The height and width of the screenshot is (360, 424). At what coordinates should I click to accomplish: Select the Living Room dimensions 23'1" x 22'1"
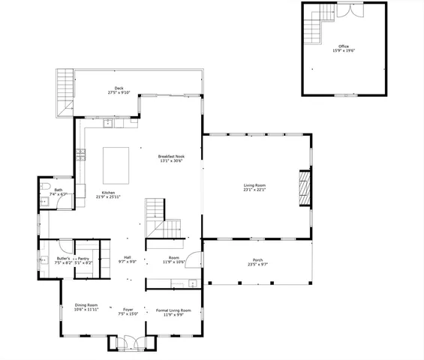(254, 190)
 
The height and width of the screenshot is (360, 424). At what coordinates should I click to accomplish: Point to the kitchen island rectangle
(116, 160)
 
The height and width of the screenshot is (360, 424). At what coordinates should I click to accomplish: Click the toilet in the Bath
(45, 188)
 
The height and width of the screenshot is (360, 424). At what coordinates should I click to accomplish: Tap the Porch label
(257, 260)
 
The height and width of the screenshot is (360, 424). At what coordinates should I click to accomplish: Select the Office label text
(343, 46)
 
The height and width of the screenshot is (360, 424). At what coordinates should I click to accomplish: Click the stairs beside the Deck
(65, 94)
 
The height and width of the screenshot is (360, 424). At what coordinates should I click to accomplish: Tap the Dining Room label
(86, 305)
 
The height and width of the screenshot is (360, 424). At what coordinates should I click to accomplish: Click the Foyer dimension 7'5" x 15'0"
(128, 314)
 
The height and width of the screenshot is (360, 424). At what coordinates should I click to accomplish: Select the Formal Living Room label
(173, 310)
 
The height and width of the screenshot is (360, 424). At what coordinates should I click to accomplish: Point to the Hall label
(128, 256)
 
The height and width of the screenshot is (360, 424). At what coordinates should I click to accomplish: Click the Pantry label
(83, 257)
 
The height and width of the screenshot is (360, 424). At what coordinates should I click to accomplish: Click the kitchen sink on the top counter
(108, 122)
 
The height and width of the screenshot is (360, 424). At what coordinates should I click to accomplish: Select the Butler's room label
(63, 257)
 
